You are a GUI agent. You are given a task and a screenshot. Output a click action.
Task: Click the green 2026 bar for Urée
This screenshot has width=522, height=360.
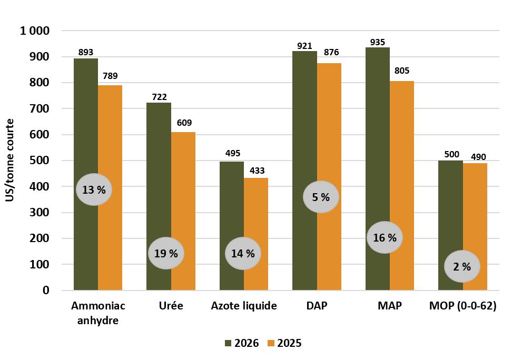(159, 196)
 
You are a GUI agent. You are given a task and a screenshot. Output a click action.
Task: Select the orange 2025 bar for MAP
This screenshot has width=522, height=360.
(402, 186)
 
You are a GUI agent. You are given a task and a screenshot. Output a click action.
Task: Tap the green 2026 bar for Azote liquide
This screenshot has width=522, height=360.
(232, 226)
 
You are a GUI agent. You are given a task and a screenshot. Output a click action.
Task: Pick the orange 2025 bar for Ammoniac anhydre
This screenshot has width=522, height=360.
(110, 188)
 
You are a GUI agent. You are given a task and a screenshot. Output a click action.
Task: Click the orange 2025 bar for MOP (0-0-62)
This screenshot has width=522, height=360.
(475, 227)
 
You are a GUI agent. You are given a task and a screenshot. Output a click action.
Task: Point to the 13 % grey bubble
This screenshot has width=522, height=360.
(94, 189)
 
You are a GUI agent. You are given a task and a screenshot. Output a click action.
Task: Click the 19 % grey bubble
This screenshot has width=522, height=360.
(166, 253)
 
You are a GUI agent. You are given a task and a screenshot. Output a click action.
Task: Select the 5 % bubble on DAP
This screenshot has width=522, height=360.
(321, 197)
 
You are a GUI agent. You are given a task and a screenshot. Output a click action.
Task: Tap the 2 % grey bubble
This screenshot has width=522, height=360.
(462, 266)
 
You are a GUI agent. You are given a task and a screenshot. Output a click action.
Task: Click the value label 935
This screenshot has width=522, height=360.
(378, 42)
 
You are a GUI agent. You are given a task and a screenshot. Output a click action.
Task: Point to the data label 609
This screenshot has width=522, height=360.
(184, 123)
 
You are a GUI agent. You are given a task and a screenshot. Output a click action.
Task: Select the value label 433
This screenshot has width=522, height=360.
(257, 171)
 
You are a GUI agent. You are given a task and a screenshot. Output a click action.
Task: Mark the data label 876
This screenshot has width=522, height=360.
(331, 52)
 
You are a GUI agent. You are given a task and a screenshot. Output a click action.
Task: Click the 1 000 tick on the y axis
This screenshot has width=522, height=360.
(35, 31)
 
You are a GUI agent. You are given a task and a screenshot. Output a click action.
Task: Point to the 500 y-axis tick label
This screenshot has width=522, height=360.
(40, 161)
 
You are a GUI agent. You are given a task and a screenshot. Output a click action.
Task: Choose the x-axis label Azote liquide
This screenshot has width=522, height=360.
(244, 306)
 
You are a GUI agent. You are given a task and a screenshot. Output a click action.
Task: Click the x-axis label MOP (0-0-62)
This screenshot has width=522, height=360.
(463, 306)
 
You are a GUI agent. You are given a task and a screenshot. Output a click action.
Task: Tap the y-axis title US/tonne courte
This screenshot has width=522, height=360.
(10, 160)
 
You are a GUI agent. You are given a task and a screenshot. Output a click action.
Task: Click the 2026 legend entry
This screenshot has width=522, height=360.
(242, 343)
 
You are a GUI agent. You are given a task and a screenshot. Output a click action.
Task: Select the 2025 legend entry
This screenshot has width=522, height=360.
(284, 343)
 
